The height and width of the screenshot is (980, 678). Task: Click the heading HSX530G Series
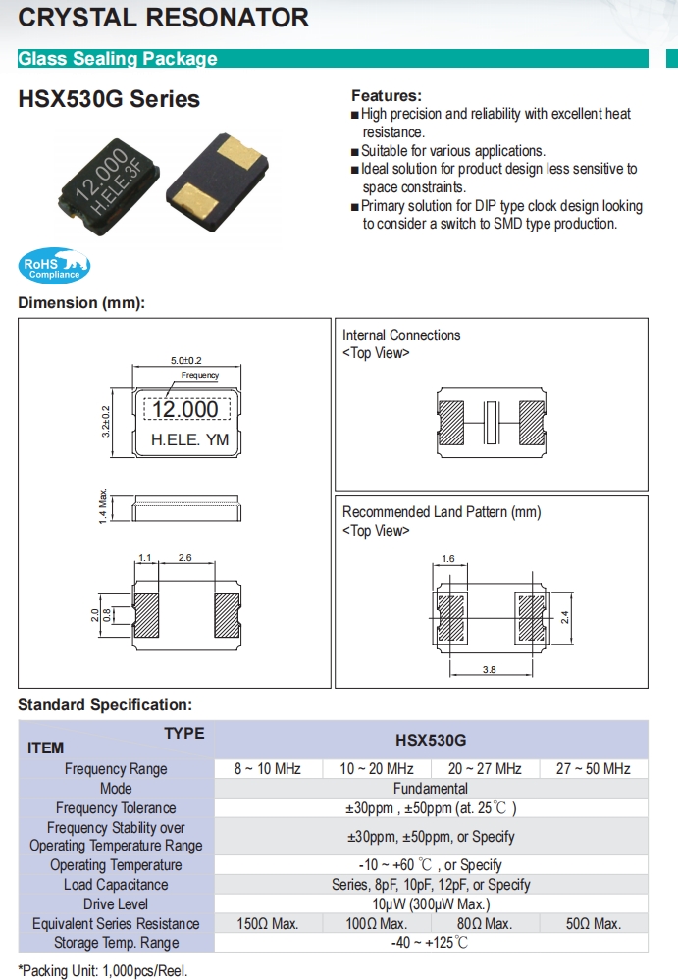(x=109, y=99)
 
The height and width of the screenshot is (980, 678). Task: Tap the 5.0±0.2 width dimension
(x=186, y=361)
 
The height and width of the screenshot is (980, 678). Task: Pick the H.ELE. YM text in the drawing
(x=189, y=440)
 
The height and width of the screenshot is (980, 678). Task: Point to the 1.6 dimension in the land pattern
(x=448, y=559)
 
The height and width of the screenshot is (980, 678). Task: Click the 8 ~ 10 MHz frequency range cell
(x=267, y=769)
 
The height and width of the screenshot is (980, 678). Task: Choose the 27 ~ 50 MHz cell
(x=593, y=769)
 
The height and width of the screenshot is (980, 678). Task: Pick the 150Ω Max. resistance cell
(x=267, y=924)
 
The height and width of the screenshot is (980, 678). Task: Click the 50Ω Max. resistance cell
(x=593, y=924)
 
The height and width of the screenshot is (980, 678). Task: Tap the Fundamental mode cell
(x=431, y=789)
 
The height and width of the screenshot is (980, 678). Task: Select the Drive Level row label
(x=116, y=904)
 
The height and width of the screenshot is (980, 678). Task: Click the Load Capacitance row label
(x=116, y=885)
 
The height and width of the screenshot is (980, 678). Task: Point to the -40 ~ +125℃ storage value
(x=431, y=943)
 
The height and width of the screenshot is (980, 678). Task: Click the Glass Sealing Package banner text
(x=118, y=59)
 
